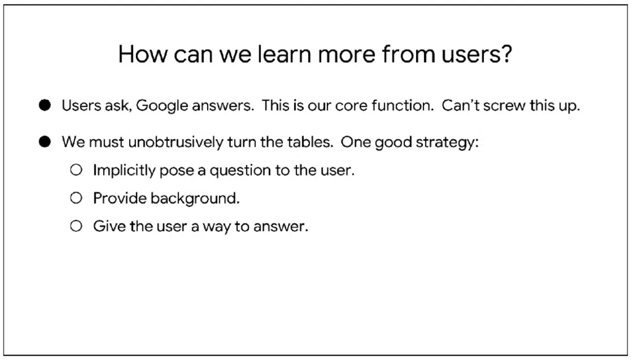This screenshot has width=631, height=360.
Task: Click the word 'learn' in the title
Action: (284, 54)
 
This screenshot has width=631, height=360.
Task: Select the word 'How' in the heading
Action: (143, 54)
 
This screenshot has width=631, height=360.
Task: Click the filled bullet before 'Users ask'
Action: (45, 105)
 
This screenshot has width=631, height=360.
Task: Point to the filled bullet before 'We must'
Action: (45, 142)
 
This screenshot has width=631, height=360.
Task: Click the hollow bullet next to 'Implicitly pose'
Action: (76, 170)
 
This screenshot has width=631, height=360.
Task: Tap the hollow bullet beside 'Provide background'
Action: (76, 198)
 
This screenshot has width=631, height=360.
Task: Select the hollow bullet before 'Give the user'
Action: (76, 226)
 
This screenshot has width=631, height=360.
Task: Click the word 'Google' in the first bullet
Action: (162, 106)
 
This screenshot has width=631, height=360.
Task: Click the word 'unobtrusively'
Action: (176, 142)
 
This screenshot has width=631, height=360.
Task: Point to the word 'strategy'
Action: (447, 142)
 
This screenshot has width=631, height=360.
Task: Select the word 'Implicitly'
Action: (124, 170)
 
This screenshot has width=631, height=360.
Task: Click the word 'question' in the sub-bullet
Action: (240, 170)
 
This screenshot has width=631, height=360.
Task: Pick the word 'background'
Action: (195, 198)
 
